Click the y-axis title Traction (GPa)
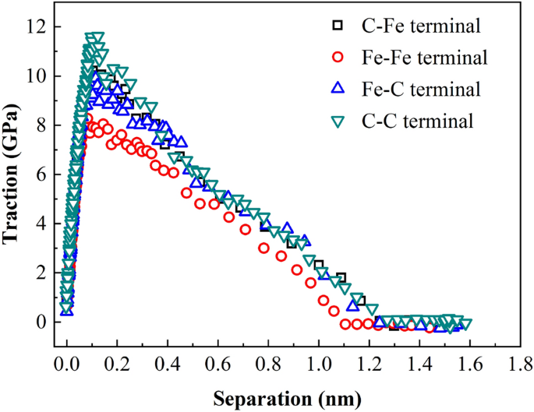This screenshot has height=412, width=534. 13,175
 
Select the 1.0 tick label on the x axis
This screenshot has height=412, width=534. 319,363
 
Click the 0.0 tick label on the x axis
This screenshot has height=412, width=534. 67,363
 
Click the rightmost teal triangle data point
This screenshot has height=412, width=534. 465,324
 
